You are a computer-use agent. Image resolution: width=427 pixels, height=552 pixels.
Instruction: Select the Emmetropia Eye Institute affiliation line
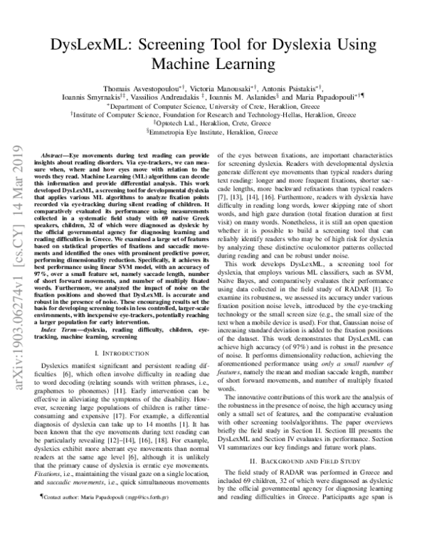click(x=213, y=132)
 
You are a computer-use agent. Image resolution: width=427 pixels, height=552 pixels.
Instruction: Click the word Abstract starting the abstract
click(x=56, y=154)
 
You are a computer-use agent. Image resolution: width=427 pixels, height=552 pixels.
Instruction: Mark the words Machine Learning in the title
click(x=213, y=65)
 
